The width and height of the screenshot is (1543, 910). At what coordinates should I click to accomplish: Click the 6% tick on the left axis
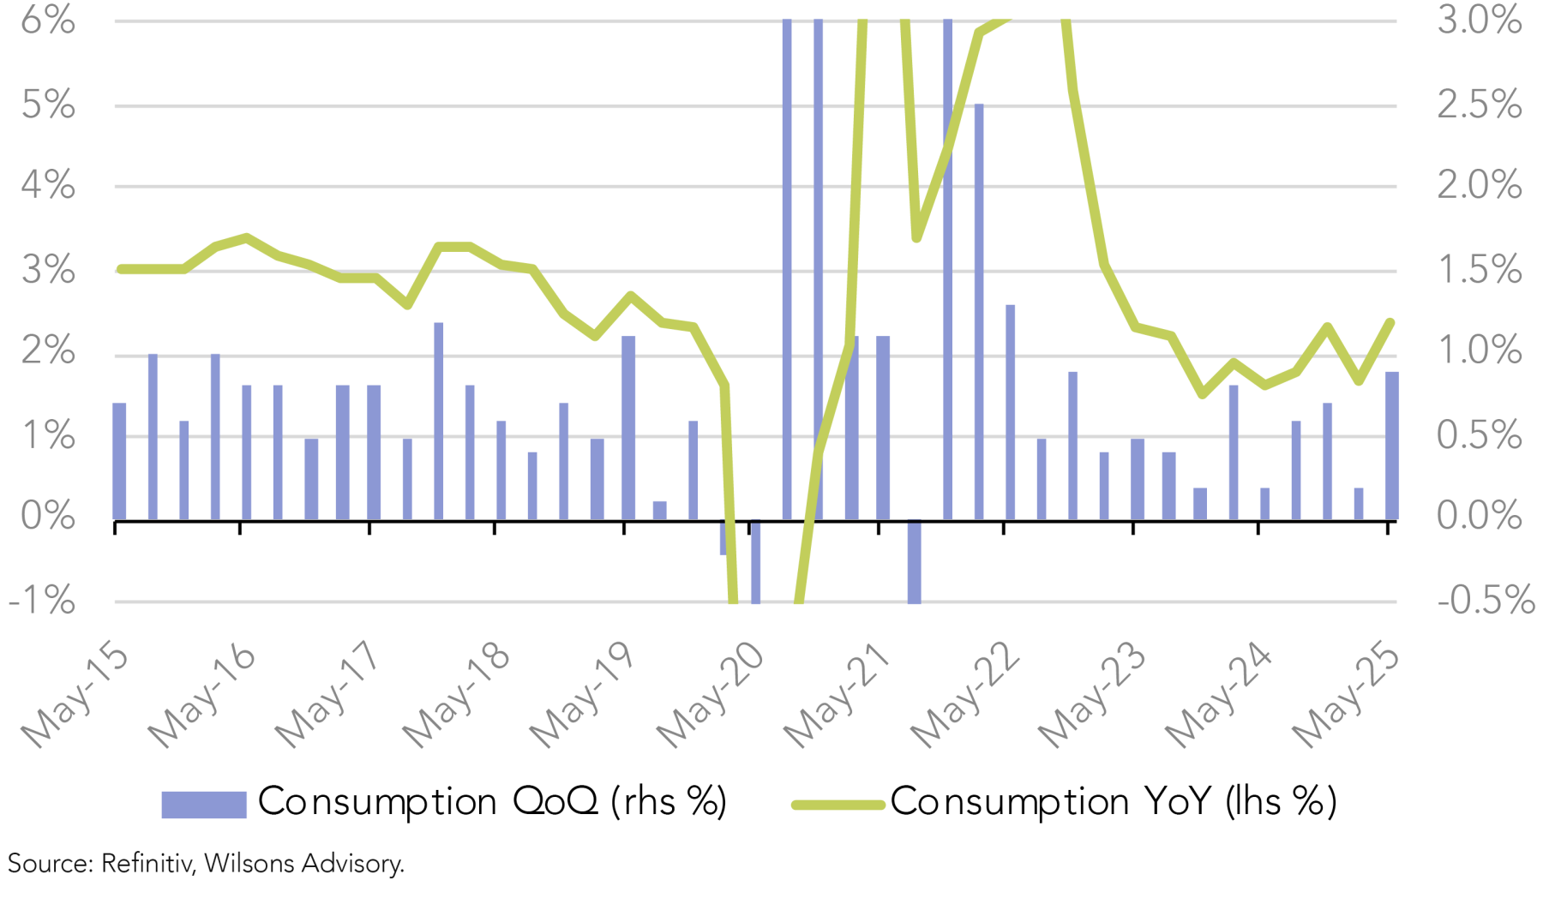48,21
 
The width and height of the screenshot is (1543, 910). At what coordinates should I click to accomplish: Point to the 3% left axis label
48,271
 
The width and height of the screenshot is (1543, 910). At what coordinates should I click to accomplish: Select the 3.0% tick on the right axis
1480,21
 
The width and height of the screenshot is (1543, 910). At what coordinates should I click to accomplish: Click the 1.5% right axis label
1480,271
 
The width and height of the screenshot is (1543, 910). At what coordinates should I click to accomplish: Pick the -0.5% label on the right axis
1485,602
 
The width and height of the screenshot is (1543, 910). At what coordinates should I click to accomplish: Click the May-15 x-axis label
75,696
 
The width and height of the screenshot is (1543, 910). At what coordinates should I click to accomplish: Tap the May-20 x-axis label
710,696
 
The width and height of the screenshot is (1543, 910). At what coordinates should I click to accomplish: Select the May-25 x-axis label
1346,696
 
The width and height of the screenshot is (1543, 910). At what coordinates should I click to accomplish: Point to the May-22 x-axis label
964,696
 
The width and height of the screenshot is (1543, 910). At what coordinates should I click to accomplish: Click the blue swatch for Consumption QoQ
204,804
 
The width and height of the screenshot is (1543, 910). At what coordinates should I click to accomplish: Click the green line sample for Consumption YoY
838,804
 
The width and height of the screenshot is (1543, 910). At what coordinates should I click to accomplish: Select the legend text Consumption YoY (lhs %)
1113,802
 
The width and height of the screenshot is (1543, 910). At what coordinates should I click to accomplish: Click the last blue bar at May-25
1392,446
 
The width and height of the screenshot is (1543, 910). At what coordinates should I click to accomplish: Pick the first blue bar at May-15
119,461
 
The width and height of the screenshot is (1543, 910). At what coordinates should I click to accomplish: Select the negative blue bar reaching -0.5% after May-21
915,561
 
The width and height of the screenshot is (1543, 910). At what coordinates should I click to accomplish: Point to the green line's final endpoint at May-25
1390,323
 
